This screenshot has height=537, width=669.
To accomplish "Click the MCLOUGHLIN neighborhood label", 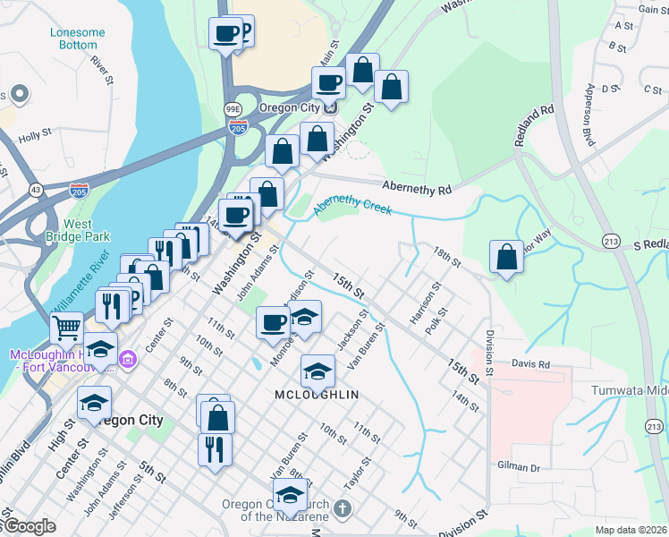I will coord(317,395).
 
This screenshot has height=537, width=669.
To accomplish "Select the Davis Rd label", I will coord(530,364).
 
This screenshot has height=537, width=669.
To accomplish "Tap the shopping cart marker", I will coord(67,329).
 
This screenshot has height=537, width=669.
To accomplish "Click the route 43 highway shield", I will coord(36,190).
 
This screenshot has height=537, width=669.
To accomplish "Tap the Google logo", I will coord(29,527).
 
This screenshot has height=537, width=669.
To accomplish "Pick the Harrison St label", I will coord(426,304).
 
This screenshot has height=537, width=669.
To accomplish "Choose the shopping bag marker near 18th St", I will coord(507,257).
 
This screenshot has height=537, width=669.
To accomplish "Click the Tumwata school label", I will coord(630,391).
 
